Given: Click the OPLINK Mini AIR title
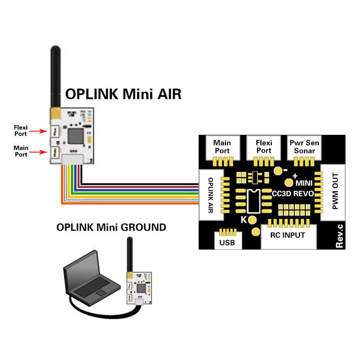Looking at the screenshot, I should (x=123, y=94).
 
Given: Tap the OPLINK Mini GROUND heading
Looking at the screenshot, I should (x=111, y=227).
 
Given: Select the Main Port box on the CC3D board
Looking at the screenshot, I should (x=222, y=147).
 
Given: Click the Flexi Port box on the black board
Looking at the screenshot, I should (x=264, y=147).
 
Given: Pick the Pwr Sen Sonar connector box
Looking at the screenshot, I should (x=304, y=147).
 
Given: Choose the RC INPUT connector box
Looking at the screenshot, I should (x=288, y=236).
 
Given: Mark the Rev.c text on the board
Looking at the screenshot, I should (x=339, y=236).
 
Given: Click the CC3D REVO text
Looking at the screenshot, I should (x=293, y=194).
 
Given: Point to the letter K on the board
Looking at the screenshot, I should (x=243, y=220).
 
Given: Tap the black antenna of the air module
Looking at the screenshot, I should (x=56, y=77).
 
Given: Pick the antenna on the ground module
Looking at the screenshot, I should (x=129, y=254).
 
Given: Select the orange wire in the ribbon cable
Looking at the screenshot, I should (x=130, y=204).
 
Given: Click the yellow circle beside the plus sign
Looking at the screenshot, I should (x=289, y=182).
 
